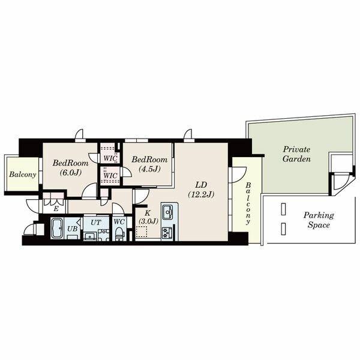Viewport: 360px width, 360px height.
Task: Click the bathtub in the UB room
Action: tap(57, 228)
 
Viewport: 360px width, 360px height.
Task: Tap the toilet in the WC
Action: tap(119, 233)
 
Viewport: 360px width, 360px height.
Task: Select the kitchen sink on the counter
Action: tap(167, 212)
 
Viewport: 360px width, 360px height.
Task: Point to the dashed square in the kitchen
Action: tap(142, 232)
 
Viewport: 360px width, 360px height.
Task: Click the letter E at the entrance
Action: tap(56, 209)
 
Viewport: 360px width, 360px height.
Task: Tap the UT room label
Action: tap(96, 223)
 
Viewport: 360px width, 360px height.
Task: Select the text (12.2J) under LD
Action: tap(201, 194)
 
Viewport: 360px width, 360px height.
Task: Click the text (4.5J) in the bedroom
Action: tap(149, 169)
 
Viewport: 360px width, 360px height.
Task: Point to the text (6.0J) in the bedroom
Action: tap(71, 172)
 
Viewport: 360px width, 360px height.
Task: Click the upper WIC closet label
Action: tap(110, 158)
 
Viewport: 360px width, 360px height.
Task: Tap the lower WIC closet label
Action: tap(110, 176)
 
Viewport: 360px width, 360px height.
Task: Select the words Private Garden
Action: tap(296, 154)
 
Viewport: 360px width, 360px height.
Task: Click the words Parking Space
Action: tap(319, 220)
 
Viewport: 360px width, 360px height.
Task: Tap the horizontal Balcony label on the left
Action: tap(23, 175)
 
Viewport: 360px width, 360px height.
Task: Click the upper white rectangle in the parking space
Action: tap(283, 209)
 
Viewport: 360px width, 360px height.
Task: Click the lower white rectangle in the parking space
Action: tap(283, 229)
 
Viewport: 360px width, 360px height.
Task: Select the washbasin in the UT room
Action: tap(90, 236)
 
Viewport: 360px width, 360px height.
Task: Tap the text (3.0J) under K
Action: tap(148, 221)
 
